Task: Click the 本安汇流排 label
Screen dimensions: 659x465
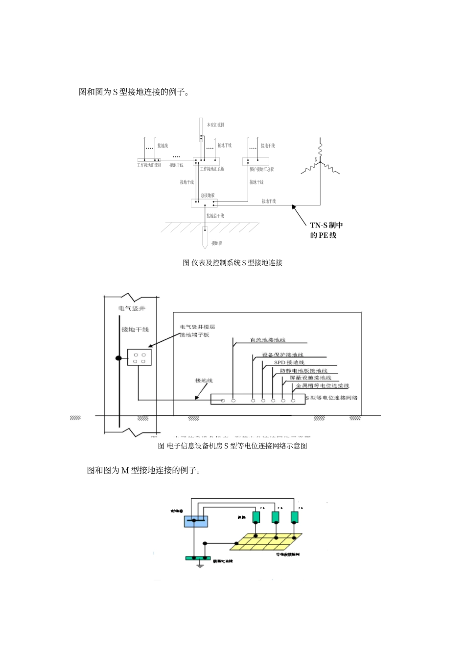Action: (215, 125)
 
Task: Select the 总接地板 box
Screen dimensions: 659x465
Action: (204, 203)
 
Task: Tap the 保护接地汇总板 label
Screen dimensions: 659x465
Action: (261, 169)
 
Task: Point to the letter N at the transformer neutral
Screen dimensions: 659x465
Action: (316, 159)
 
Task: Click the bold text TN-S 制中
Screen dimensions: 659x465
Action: (326, 225)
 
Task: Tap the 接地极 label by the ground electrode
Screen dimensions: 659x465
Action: (216, 243)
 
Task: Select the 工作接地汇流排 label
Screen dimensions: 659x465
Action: (149, 165)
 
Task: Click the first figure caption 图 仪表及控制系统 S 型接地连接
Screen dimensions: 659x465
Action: (232, 263)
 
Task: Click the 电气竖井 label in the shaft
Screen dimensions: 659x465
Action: (132, 308)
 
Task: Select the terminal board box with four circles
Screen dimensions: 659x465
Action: (139, 358)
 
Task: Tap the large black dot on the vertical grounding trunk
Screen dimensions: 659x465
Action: (118, 358)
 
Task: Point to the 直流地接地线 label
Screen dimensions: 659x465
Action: (267, 340)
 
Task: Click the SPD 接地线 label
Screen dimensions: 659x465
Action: (289, 362)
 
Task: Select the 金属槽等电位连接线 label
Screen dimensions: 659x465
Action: (323, 386)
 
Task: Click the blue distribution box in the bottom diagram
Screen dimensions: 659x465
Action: (196, 521)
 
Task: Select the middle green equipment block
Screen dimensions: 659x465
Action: (276, 517)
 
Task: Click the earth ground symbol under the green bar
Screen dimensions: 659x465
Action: (200, 565)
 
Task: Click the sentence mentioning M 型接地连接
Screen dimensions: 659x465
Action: (144, 470)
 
